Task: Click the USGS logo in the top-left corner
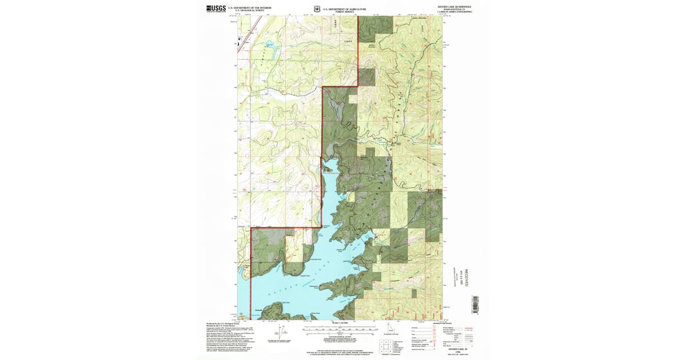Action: tap(216, 9)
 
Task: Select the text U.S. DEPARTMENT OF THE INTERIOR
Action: tap(249, 7)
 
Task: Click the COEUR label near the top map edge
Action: tap(349, 42)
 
